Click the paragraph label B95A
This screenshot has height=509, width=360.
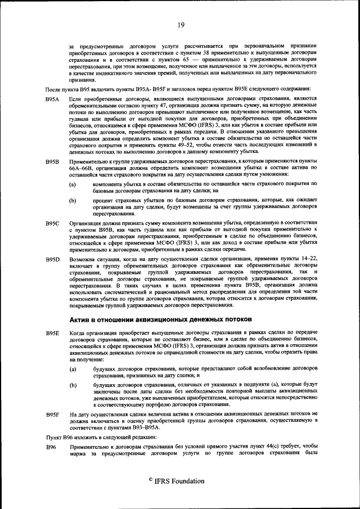coord(53,98)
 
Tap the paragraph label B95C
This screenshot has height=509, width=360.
coord(53,223)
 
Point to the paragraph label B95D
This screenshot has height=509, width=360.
coord(53,259)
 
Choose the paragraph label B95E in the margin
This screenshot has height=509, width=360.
coord(53,334)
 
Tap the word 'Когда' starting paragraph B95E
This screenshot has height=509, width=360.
coord(78,334)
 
